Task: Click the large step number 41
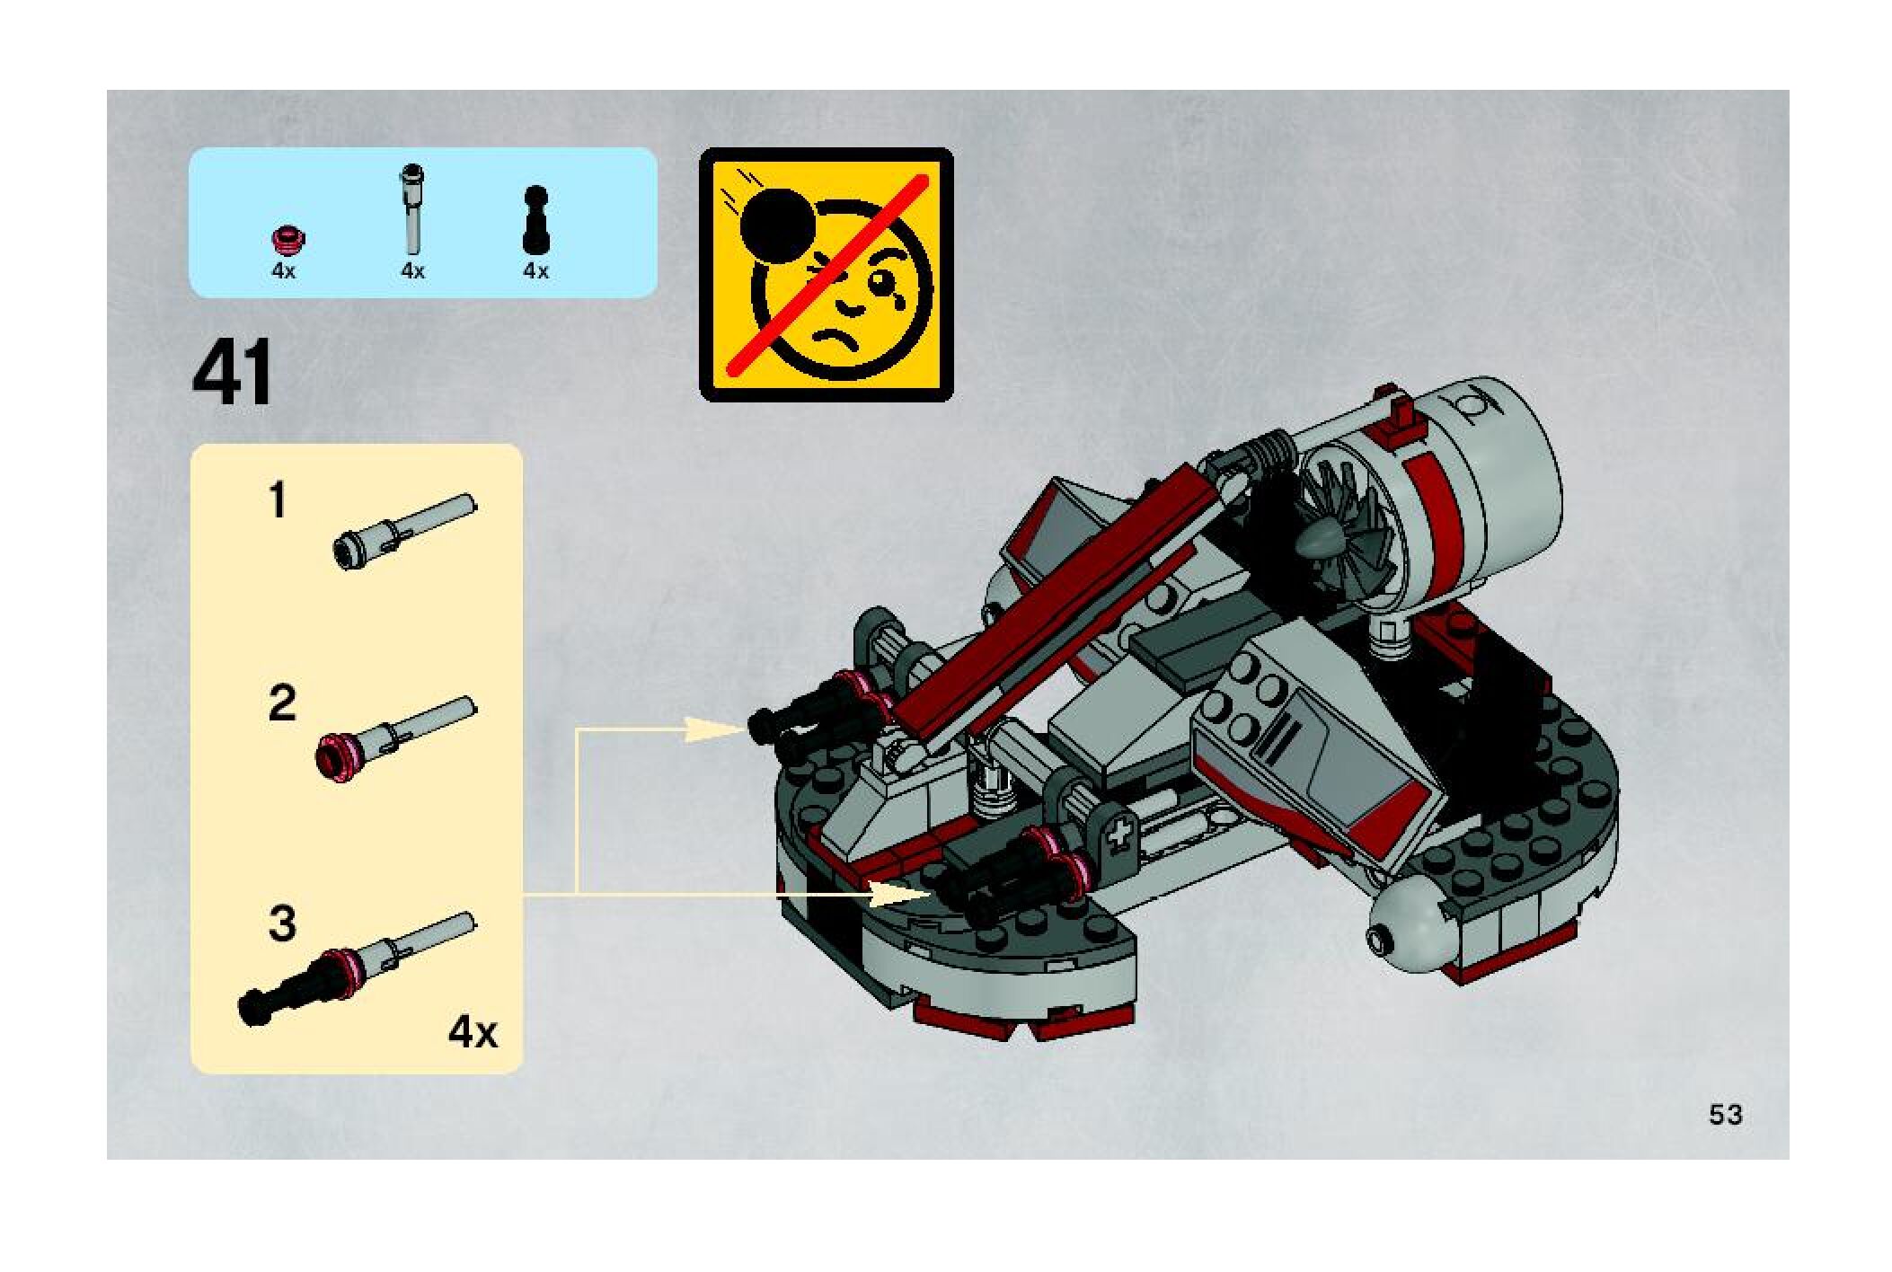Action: [232, 376]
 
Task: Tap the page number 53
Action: [1725, 1115]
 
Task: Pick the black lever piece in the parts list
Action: [535, 221]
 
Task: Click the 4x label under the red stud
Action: [283, 271]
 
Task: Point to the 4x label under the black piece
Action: [535, 271]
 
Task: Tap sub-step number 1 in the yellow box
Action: [278, 500]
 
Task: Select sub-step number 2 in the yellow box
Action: [281, 703]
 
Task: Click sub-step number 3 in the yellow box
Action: [281, 923]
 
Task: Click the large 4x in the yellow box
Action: [473, 1033]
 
